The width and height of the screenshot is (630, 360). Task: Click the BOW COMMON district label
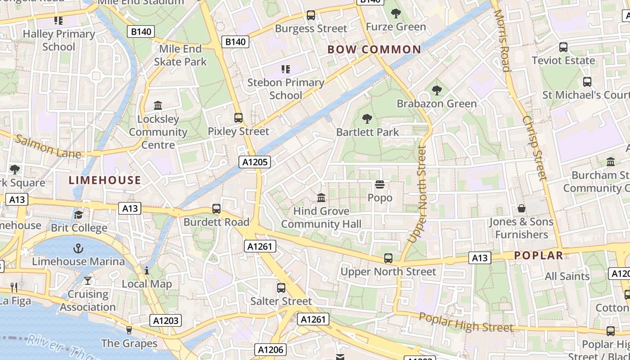(374, 49)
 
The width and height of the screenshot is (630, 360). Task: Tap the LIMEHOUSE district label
(105, 180)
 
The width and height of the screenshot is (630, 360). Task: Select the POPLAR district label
(539, 256)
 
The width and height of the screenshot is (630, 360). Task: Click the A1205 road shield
(255, 162)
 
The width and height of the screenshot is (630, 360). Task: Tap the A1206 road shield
(270, 350)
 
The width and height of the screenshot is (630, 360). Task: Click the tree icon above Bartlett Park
(367, 119)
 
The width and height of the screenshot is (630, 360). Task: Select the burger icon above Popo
(380, 184)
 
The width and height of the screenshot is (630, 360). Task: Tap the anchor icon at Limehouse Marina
(79, 248)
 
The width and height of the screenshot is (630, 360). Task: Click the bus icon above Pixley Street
(238, 118)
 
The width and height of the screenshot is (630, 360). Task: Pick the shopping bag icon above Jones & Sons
(521, 208)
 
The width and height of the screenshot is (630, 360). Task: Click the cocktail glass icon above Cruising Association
(88, 281)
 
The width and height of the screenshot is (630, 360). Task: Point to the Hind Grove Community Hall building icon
(321, 198)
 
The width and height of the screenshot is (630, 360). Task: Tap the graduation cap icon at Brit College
(79, 215)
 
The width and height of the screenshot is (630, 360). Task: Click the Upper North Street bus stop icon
(388, 258)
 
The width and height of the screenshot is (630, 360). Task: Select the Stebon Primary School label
(286, 89)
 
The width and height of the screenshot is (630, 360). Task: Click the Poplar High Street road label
(466, 321)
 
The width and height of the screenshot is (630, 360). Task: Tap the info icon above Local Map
(147, 270)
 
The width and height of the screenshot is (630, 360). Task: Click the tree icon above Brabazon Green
(436, 90)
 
